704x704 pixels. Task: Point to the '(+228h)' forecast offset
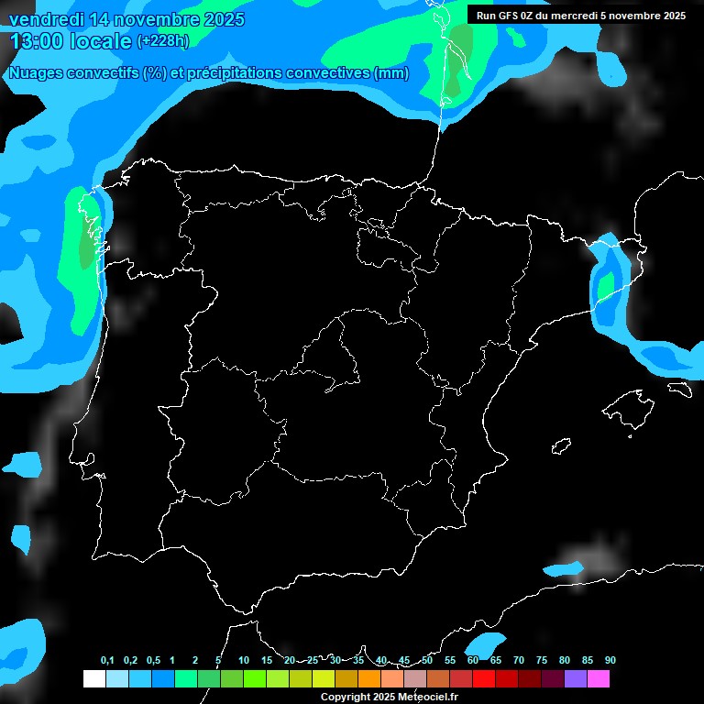coord(162,41)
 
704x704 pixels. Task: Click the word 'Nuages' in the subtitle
coord(35,73)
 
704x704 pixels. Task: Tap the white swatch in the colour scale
coord(93,678)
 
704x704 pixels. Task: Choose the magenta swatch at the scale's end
coord(598,678)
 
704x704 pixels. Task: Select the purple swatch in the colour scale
coord(575,678)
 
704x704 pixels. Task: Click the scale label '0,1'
coord(107,661)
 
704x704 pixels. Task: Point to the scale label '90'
coord(610,661)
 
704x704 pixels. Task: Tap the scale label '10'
coord(243,661)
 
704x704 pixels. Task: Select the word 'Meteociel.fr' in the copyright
coord(427,698)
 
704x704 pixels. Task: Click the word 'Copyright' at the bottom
coord(346,698)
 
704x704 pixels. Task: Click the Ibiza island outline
coord(561,446)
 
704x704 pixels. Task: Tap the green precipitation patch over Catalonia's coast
coord(605,286)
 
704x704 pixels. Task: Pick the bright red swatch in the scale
coord(483,678)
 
